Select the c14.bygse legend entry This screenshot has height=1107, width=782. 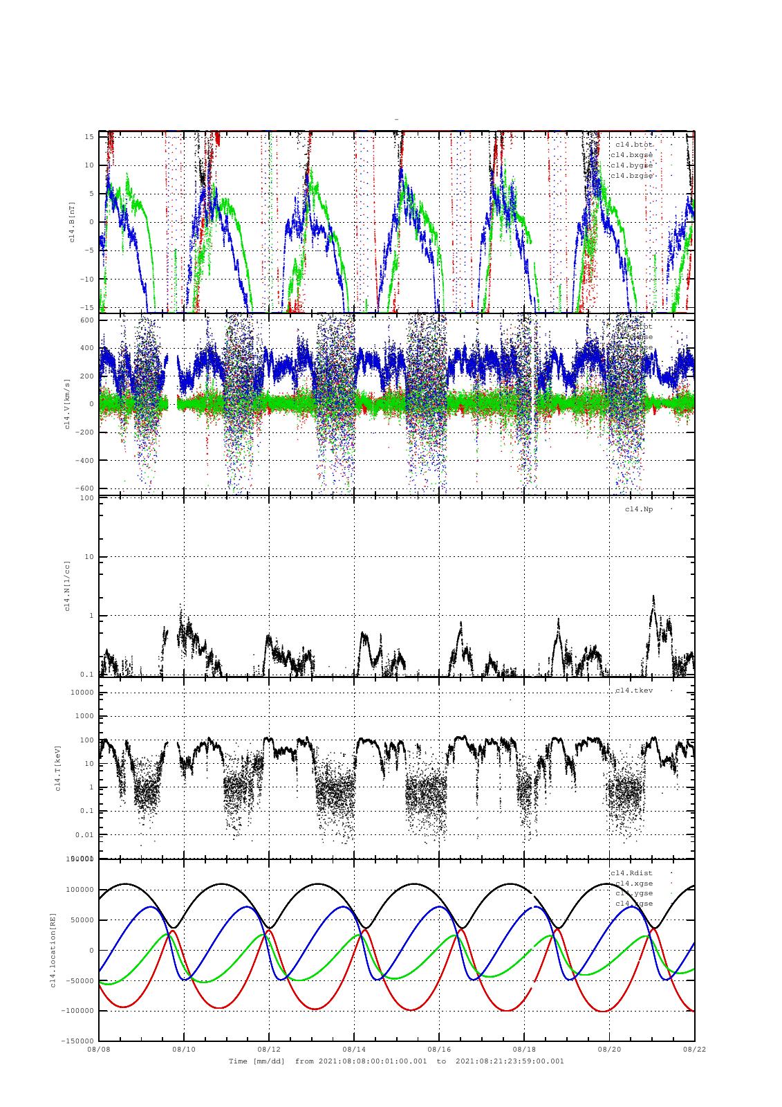pos(631,165)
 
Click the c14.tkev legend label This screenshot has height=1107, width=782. pos(634,690)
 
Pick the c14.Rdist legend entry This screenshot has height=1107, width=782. pos(631,872)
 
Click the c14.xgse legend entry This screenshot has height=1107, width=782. pos(634,883)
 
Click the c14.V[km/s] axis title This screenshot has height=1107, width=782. pos(67,404)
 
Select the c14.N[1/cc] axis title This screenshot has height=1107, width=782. pos(67,585)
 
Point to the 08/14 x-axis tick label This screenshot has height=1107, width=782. pos(354,1050)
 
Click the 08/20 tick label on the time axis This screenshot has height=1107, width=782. pos(609,1050)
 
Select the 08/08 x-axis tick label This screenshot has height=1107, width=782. pos(99,1050)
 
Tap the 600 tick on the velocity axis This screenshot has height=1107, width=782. pos(86,320)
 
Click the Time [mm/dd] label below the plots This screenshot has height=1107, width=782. pos(257,1061)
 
